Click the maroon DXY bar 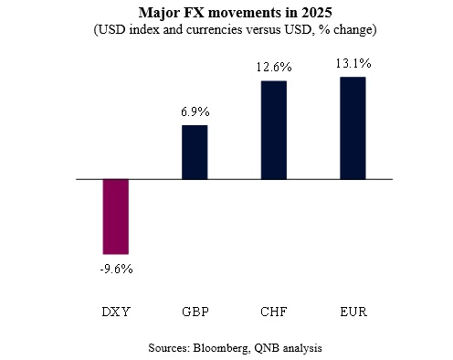click(x=116, y=217)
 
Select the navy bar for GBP click(x=195, y=152)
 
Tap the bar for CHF click(x=273, y=130)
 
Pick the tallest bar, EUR click(x=352, y=128)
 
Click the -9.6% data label click(x=116, y=269)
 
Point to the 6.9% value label click(x=195, y=111)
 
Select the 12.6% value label click(x=273, y=67)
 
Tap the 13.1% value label click(x=352, y=63)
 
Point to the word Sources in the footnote click(x=167, y=348)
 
